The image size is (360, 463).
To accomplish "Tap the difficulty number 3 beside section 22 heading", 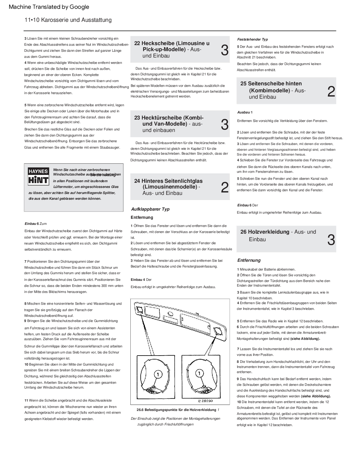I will click(224, 50).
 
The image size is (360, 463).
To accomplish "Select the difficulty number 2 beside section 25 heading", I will click(331, 91).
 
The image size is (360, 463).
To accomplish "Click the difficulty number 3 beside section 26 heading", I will click(331, 240).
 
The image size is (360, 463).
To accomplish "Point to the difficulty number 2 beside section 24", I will click(224, 188).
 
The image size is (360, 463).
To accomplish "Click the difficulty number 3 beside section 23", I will click(224, 125).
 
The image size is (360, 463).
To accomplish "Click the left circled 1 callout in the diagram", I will click(158, 374).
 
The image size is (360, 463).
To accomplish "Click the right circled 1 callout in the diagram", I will click(199, 373).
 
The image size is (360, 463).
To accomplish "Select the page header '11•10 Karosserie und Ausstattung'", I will click(68, 20).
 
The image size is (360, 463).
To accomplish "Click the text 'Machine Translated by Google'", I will click(49, 7).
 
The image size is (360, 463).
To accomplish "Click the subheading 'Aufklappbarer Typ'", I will click(150, 209).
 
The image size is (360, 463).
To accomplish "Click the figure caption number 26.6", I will click(140, 410).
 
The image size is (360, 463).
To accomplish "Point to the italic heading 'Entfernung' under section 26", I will click(249, 260).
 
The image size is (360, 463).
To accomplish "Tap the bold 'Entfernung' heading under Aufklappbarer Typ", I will click(142, 217).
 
